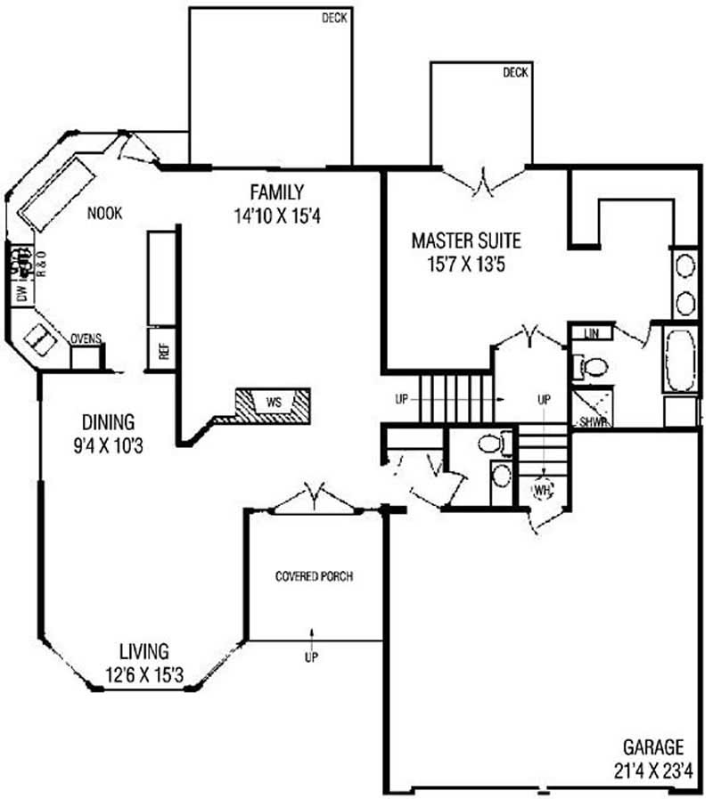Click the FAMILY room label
tap(277, 192)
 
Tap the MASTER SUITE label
tap(466, 241)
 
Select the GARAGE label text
tap(653, 747)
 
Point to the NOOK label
tap(105, 213)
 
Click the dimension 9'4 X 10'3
tap(108, 446)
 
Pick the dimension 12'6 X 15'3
tap(144, 675)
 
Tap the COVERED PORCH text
tap(315, 576)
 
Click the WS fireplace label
tap(274, 403)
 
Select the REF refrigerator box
tap(161, 348)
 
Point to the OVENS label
tap(86, 338)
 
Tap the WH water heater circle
tap(543, 490)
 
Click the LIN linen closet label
tap(592, 334)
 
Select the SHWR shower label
tap(594, 422)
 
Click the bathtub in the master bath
tap(680, 359)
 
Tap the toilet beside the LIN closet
tap(591, 367)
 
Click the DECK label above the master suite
tap(516, 72)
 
